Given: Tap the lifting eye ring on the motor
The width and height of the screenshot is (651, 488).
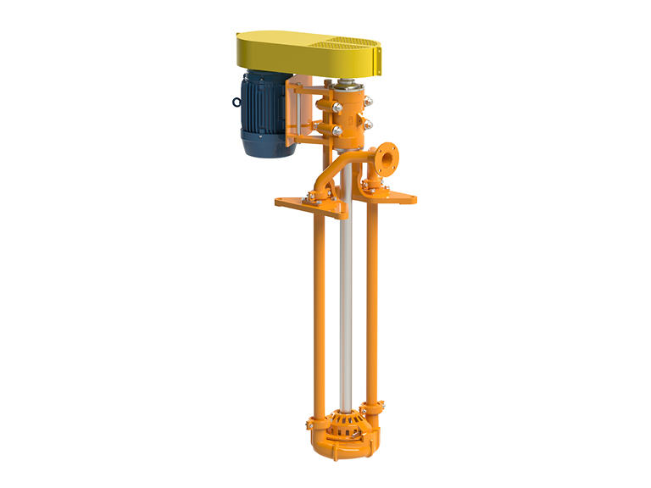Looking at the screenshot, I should (x=236, y=103).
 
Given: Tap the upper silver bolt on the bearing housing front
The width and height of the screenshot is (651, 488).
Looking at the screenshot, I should (x=337, y=107).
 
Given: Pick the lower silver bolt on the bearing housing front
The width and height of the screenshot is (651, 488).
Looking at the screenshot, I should (x=337, y=130).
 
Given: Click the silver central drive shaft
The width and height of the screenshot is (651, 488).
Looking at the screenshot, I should (x=345, y=305).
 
